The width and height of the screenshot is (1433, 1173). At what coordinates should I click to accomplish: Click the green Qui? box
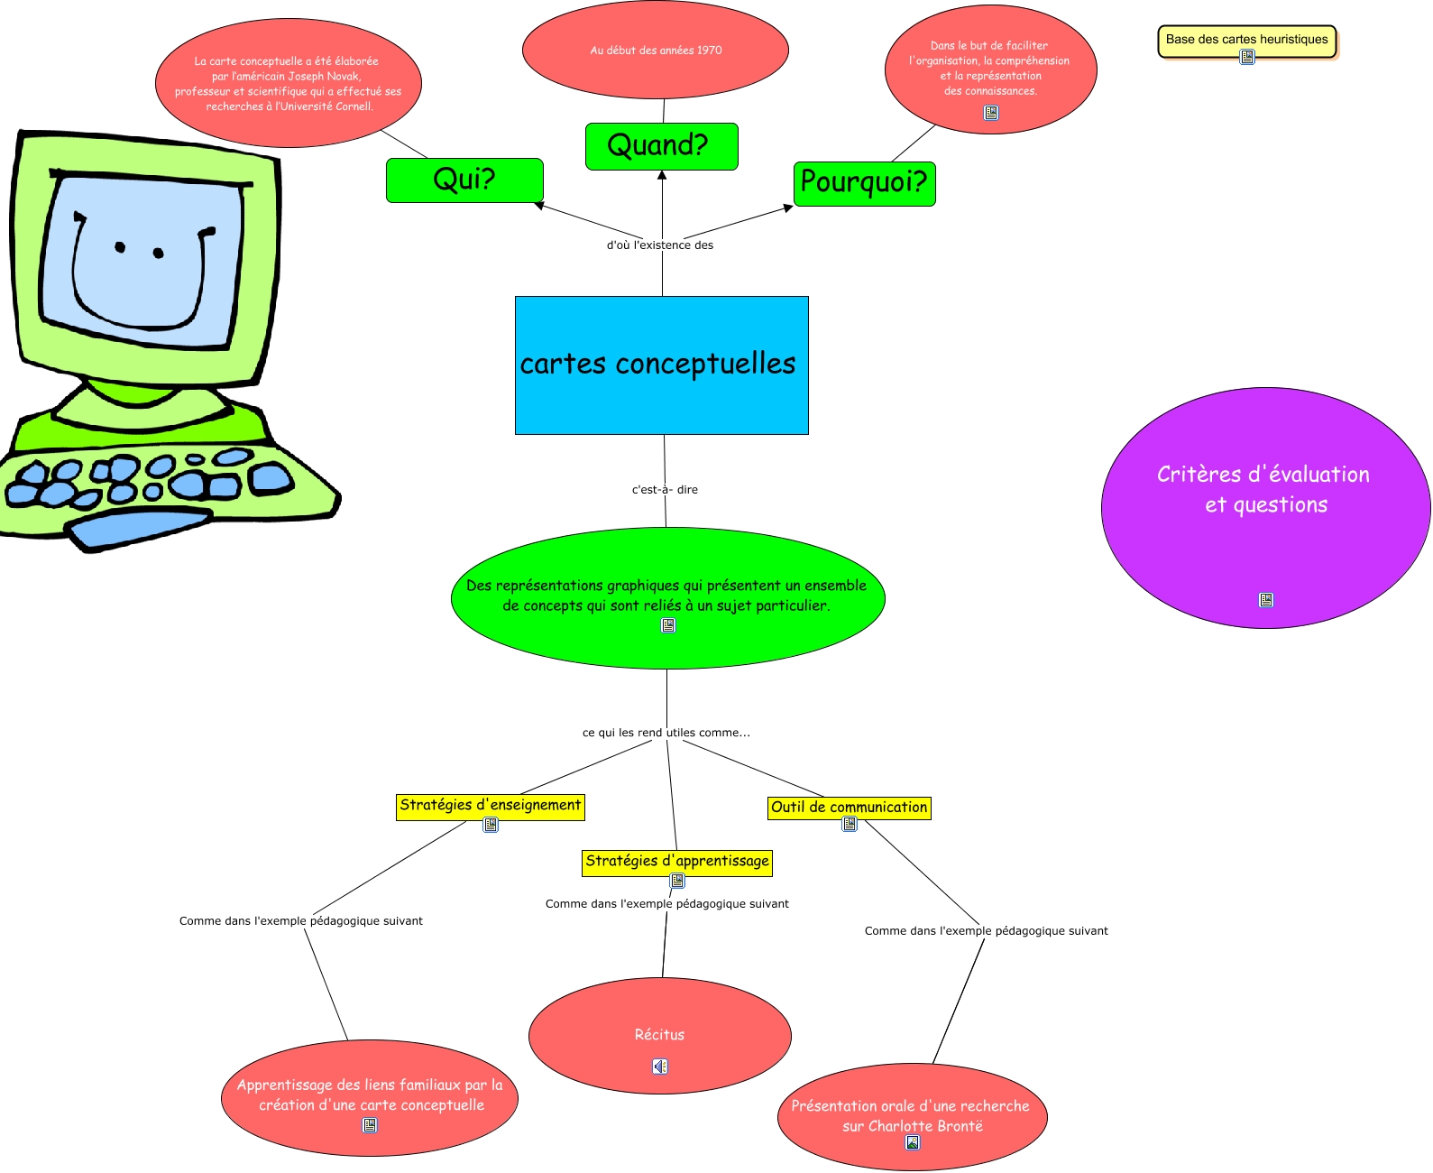[x=464, y=180]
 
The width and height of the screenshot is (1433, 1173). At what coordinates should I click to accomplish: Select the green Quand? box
[x=661, y=146]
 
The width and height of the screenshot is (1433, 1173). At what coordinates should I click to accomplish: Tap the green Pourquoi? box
[x=864, y=183]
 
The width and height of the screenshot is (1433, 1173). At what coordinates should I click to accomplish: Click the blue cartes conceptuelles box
[x=661, y=365]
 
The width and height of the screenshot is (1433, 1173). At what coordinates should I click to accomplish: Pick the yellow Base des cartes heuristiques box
[x=1246, y=40]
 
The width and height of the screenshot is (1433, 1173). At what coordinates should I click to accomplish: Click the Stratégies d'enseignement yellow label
[x=490, y=805]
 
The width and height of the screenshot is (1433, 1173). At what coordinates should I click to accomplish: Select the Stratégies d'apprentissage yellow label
[x=676, y=862]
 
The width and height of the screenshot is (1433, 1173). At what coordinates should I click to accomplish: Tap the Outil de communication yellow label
[x=849, y=808]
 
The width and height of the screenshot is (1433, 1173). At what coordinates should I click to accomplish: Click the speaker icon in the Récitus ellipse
[x=660, y=1067]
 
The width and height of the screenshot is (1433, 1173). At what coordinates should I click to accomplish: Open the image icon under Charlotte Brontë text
[x=913, y=1142]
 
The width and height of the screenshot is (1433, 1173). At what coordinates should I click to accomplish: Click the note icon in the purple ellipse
[x=1265, y=600]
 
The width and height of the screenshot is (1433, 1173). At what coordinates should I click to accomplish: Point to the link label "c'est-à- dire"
[x=665, y=490]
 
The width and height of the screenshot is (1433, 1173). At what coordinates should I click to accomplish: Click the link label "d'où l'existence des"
[x=659, y=245]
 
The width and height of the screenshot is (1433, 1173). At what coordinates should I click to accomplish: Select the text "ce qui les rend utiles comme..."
[x=666, y=733]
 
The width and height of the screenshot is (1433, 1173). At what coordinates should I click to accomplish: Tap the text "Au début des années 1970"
[x=656, y=51]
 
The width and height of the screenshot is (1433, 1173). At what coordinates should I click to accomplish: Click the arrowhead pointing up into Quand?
[x=662, y=175]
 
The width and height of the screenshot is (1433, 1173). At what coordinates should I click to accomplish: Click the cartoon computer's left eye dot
[x=120, y=247]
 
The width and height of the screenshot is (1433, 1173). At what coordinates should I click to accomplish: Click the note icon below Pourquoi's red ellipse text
[x=991, y=113]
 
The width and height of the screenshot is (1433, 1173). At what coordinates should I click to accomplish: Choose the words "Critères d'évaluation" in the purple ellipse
[x=1263, y=475]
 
